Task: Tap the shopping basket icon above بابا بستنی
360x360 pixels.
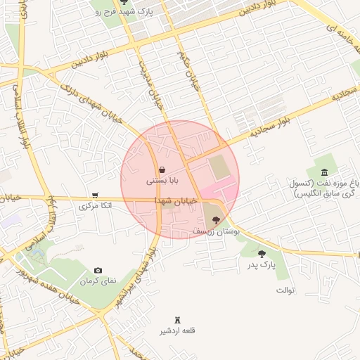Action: point(162,169)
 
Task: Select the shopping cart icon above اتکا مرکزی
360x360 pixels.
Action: point(95,195)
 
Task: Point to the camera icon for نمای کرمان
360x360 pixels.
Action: point(98,270)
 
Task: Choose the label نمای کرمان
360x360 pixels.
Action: point(97,281)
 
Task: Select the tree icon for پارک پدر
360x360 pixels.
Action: point(262,254)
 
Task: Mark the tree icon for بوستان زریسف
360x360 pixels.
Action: point(215,220)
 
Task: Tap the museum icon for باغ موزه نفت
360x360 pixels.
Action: point(323,173)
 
